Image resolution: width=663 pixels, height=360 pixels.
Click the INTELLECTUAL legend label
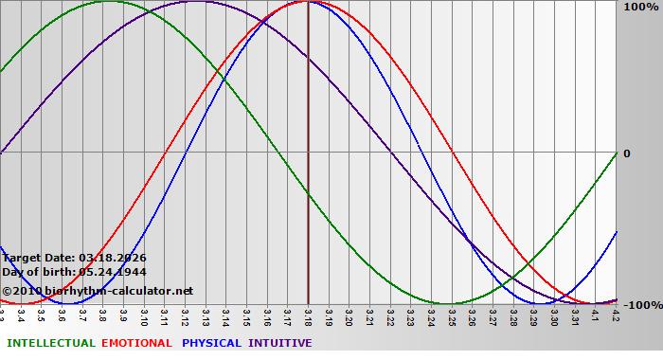[50, 343]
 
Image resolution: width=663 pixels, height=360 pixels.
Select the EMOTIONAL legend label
[136, 343]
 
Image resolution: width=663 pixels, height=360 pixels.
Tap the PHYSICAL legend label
[212, 343]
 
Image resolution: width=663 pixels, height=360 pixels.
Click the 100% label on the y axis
[639, 8]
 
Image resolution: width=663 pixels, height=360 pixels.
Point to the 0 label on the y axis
[626, 153]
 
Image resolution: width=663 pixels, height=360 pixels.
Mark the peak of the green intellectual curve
[109, 2]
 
